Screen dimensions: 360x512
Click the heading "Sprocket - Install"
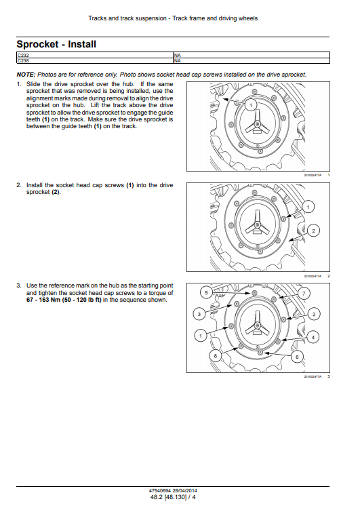tap(56, 44)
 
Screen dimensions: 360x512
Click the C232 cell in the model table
tap(95, 55)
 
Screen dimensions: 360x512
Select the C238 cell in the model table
tap(95, 61)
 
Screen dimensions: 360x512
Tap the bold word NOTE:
tap(26, 75)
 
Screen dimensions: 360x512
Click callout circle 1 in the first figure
tap(251, 105)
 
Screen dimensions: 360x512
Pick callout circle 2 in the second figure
tap(313, 231)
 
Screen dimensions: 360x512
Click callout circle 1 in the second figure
tap(308, 207)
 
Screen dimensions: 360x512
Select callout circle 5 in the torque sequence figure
tap(206, 292)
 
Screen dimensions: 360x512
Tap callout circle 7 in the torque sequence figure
tap(304, 293)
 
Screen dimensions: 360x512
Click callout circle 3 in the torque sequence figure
tap(199, 315)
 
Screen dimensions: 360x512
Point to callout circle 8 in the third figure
tap(215, 355)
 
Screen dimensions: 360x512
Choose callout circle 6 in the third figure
tap(297, 357)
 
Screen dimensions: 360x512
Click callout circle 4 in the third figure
tap(313, 337)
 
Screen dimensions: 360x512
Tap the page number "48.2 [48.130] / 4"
tap(173, 497)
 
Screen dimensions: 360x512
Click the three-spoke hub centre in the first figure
tap(257, 124)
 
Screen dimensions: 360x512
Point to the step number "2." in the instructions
tap(19, 185)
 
